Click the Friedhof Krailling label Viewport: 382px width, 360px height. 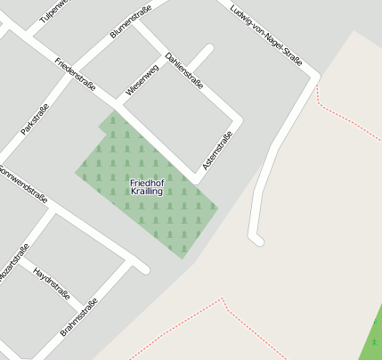pyautogui.click(x=147, y=187)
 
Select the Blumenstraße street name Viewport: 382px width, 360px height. pyautogui.click(x=130, y=20)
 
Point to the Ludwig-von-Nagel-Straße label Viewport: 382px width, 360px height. pyautogui.click(x=265, y=36)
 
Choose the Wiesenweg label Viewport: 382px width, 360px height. pyautogui.click(x=142, y=79)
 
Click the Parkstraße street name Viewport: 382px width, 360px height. pyautogui.click(x=35, y=119)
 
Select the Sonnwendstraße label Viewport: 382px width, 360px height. pyautogui.click(x=22, y=182)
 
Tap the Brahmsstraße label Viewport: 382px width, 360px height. pyautogui.click(x=78, y=319)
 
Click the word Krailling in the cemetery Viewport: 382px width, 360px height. pyautogui.click(x=147, y=192)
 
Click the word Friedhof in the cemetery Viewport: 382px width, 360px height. pyautogui.click(x=147, y=183)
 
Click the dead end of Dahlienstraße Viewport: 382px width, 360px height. pyautogui.click(x=209, y=49)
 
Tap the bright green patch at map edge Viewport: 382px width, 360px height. pyautogui.click(x=374, y=336)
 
